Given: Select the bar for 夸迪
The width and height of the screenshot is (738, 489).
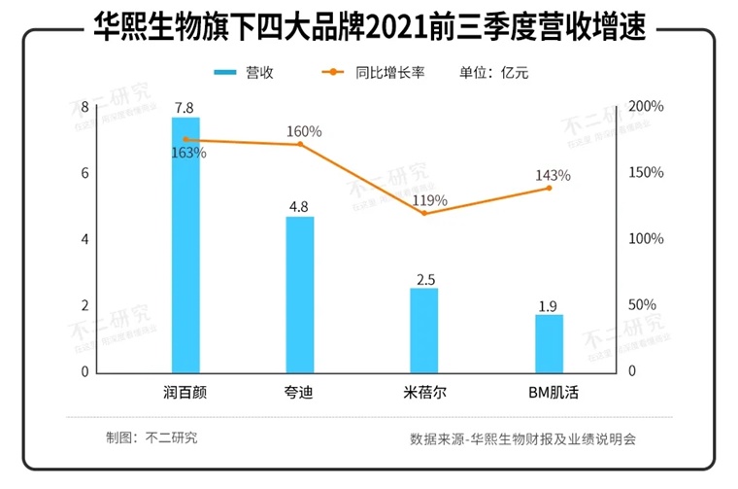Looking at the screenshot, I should tap(300, 294).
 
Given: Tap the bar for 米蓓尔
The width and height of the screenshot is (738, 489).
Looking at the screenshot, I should tap(424, 330).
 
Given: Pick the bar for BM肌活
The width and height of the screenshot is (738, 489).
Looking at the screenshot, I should tap(549, 342).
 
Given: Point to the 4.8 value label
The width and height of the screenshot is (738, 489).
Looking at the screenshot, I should tap(300, 206).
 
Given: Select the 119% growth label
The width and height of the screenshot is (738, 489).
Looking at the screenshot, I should tap(428, 200).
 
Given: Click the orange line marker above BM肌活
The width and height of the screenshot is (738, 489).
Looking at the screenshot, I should tap(549, 188).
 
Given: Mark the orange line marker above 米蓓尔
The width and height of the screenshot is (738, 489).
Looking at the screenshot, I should tap(424, 213).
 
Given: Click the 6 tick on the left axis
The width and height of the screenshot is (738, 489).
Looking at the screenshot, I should tap(84, 173).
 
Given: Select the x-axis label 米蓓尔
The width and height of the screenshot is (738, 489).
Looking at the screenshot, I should tap(424, 394).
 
